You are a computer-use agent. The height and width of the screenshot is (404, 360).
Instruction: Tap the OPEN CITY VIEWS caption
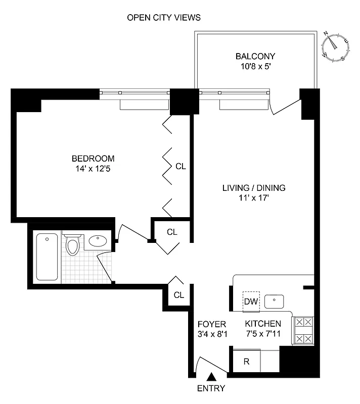pos(163,18)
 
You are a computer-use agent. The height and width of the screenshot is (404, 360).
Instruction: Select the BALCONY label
pos(255,56)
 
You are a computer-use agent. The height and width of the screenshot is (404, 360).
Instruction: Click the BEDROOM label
pos(93,158)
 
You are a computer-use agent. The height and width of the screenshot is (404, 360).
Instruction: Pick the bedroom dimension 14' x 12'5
pos(93,168)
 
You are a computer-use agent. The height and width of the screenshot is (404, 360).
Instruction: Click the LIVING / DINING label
pos(254,188)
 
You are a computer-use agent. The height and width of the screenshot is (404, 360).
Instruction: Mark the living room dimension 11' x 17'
pos(254,198)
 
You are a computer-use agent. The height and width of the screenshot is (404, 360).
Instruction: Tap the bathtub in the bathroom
pos(47,257)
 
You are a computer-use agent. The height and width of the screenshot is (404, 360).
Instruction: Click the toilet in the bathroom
pos(74,245)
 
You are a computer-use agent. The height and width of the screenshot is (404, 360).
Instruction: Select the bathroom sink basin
pos(98,241)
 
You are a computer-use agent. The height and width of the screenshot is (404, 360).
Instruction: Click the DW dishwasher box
pos(251,301)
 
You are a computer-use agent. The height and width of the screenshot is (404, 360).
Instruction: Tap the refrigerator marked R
pos(246,362)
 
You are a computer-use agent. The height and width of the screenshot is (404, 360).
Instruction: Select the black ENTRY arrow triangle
pos(212,376)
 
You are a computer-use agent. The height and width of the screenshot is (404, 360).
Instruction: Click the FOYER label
pos(211,324)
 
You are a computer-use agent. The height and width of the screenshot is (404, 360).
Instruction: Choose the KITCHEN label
pos(263,324)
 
